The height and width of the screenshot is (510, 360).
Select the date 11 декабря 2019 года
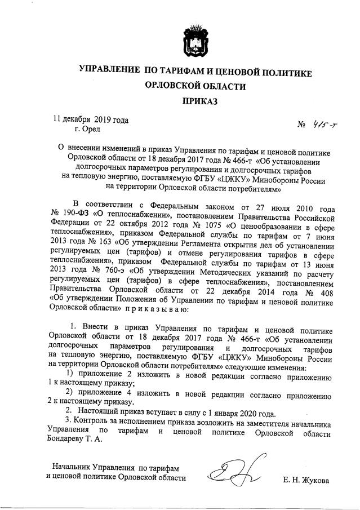click(x=91, y=119)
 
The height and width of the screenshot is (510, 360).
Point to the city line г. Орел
click(x=87, y=130)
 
